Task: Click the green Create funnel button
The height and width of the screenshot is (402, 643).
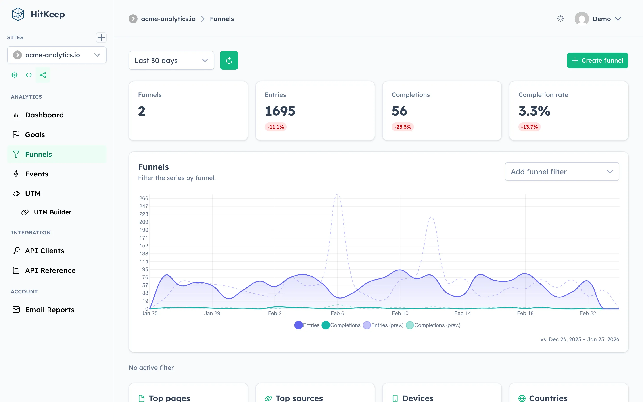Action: click(x=597, y=60)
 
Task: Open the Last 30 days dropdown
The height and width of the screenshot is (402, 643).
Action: click(x=171, y=60)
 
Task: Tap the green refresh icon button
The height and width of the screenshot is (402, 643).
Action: click(x=229, y=60)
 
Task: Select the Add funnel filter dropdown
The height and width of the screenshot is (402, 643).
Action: click(x=562, y=172)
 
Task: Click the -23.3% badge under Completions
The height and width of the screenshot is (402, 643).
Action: click(x=402, y=127)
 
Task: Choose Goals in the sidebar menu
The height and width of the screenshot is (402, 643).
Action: click(x=35, y=134)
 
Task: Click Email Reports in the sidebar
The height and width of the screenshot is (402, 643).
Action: click(x=49, y=310)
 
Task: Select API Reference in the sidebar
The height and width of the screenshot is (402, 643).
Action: click(x=50, y=270)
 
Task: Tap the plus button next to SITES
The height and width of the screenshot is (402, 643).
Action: click(x=101, y=38)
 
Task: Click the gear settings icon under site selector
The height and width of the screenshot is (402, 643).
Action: click(x=15, y=75)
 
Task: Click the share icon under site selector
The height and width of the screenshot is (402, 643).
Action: click(x=43, y=75)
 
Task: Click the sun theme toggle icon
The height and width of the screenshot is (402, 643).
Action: click(x=560, y=19)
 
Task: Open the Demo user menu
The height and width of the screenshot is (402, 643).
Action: click(x=598, y=19)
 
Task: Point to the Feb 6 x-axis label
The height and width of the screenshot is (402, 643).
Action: click(x=337, y=313)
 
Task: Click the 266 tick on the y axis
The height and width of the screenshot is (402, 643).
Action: click(x=144, y=198)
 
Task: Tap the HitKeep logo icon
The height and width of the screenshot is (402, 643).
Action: click(x=18, y=14)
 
